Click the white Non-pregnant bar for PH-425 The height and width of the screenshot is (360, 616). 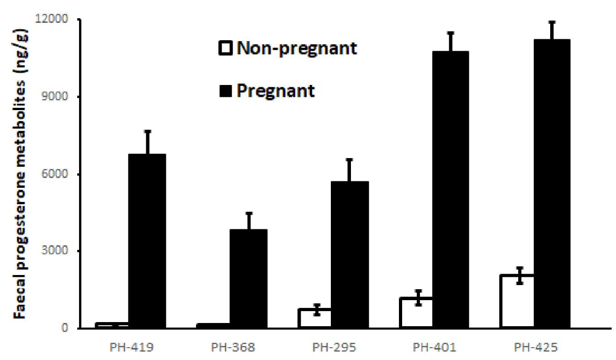(517, 302)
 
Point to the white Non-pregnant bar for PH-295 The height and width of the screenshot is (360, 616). (315, 318)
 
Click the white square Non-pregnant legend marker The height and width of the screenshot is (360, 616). (227, 48)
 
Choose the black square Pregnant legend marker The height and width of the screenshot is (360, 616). (227, 90)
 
